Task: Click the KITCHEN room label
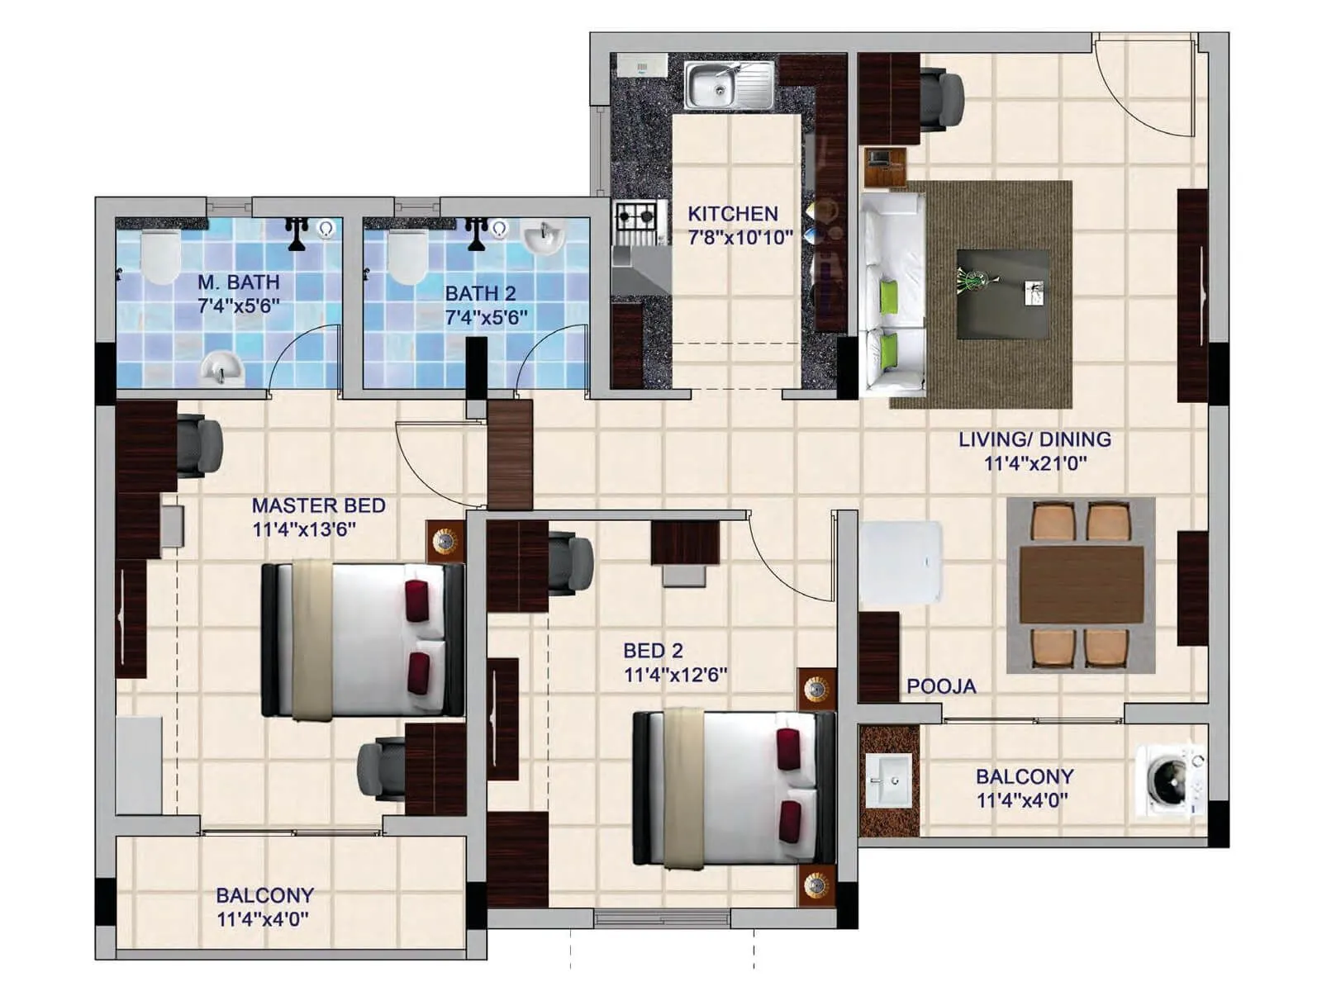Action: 733,214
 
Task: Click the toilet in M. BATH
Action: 160,257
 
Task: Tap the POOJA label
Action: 941,686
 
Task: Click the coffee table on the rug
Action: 1003,294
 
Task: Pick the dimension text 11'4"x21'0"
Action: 1034,463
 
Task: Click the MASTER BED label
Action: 318,505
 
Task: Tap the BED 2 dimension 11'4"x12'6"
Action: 675,675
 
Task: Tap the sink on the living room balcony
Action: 889,780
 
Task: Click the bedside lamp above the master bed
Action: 445,542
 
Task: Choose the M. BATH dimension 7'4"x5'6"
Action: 238,306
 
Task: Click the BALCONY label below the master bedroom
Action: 264,895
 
